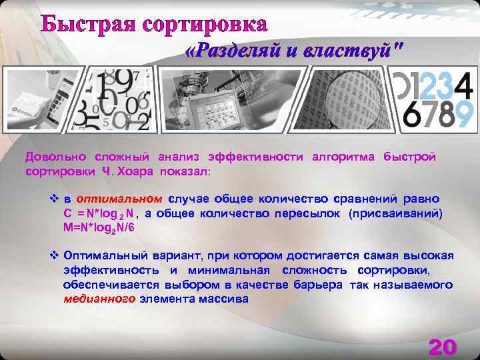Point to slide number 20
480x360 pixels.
pyautogui.click(x=442, y=347)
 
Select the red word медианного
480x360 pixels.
pyautogui.click(x=99, y=299)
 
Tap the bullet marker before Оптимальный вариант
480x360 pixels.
pyautogui.click(x=55, y=256)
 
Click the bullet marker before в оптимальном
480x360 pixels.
pyautogui.click(x=55, y=199)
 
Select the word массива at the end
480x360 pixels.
pyautogui.click(x=227, y=299)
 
